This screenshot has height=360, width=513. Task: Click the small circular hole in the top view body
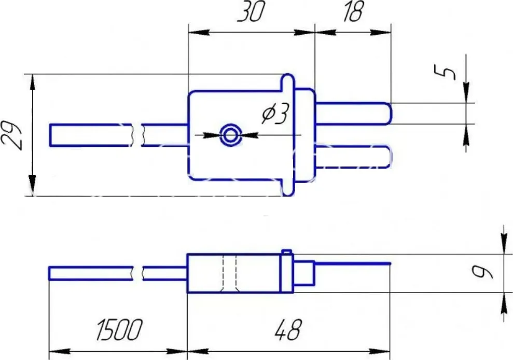click(x=230, y=136)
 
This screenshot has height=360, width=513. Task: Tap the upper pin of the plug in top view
click(x=353, y=114)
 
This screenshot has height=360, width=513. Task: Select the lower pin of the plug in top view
click(x=353, y=157)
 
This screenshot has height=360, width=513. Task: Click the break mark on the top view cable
click(x=137, y=135)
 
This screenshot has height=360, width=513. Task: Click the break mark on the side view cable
click(x=137, y=273)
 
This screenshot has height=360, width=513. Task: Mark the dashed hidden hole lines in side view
click(x=229, y=273)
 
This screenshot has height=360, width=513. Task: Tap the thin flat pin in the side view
click(x=353, y=264)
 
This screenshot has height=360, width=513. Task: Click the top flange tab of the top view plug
click(x=287, y=82)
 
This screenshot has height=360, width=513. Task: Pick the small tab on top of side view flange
click(x=286, y=252)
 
